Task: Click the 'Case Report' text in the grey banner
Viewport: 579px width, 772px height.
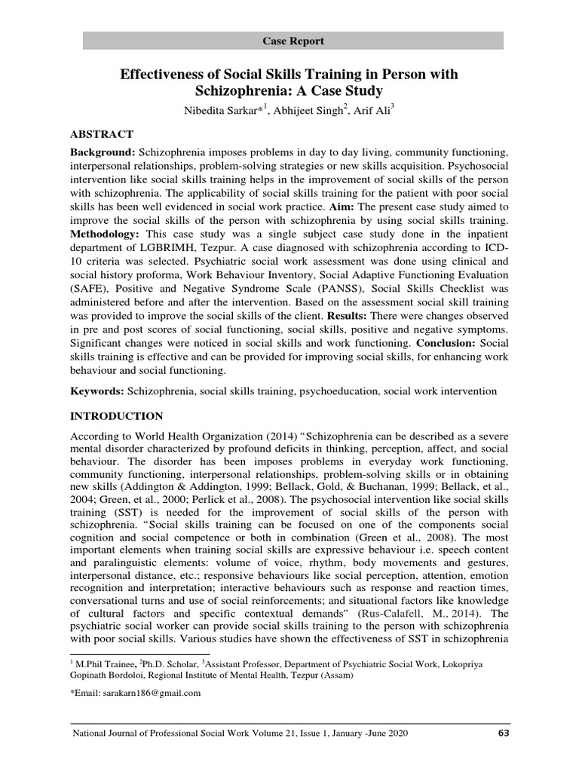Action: tap(293, 41)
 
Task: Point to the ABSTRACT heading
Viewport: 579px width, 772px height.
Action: tap(102, 134)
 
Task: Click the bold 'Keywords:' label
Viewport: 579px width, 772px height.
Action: tap(97, 391)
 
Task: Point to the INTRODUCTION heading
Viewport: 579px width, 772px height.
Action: tap(116, 415)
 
